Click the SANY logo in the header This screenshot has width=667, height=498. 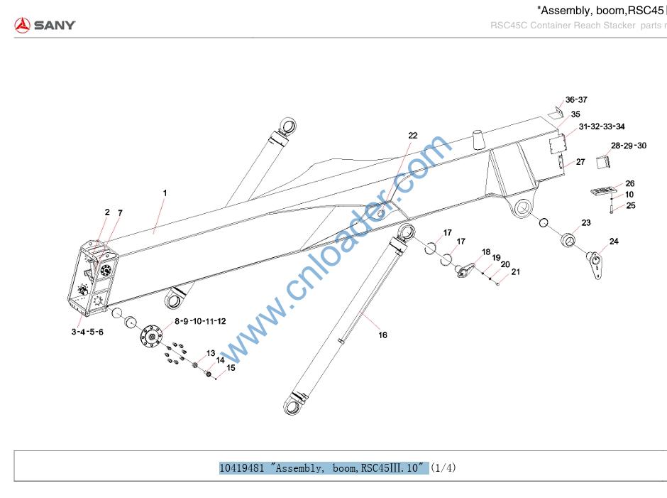coord(45,26)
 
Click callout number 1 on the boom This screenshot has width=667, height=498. coord(165,193)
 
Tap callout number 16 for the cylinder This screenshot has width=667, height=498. coord(382,335)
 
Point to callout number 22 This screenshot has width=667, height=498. coord(412,135)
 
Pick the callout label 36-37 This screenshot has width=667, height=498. coord(575,100)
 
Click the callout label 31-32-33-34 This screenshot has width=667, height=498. coord(601,126)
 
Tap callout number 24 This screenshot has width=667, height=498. coord(613,242)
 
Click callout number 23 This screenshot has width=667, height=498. coord(585,223)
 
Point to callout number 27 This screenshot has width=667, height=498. coord(580,162)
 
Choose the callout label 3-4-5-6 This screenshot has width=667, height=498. coord(87,332)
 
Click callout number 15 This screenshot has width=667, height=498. coord(230,368)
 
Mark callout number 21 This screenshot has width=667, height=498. coord(515,271)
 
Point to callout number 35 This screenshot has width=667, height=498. coord(575,114)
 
